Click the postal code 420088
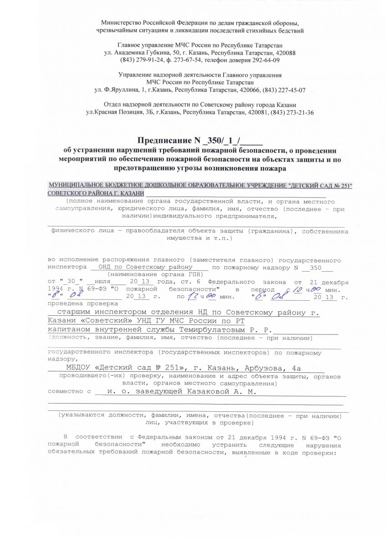283,53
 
